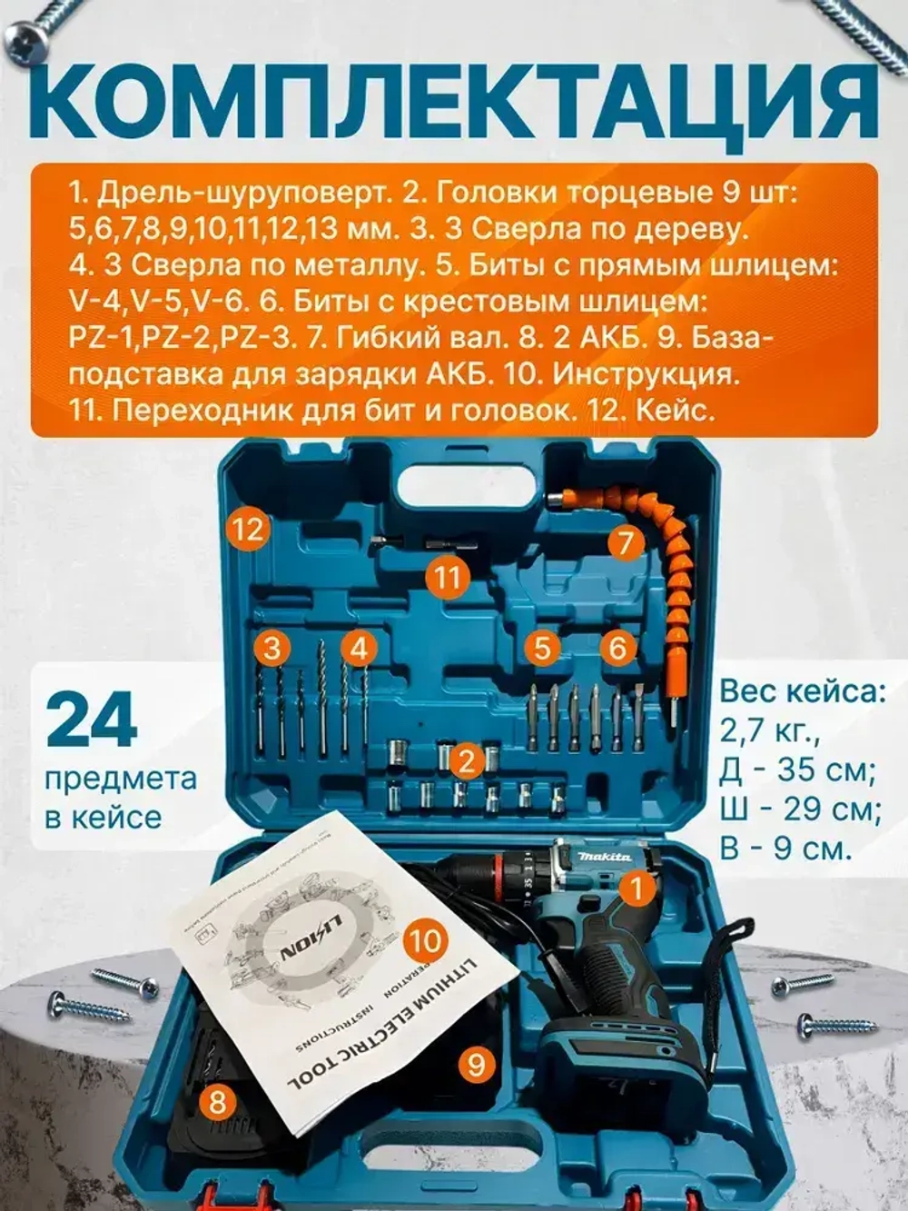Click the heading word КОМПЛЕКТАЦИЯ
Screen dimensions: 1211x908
(x=453, y=101)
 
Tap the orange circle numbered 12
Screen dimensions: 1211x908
(x=247, y=528)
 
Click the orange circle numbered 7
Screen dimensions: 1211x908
(x=624, y=543)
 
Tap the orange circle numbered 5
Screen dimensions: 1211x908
(x=542, y=648)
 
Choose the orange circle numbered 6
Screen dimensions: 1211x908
(x=617, y=648)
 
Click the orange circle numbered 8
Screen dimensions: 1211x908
(x=217, y=1102)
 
